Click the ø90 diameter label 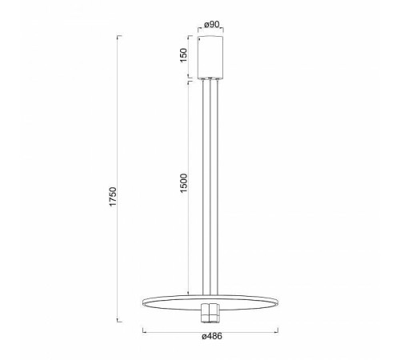pos(211,25)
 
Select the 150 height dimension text pos(184,55)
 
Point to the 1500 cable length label pos(184,183)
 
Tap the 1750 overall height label pos(113,197)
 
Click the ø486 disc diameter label pos(212,337)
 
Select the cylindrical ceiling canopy pos(210,58)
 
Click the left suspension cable pos(203,187)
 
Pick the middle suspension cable pos(210,187)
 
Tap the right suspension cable pos(218,187)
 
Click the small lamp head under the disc pos(210,313)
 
